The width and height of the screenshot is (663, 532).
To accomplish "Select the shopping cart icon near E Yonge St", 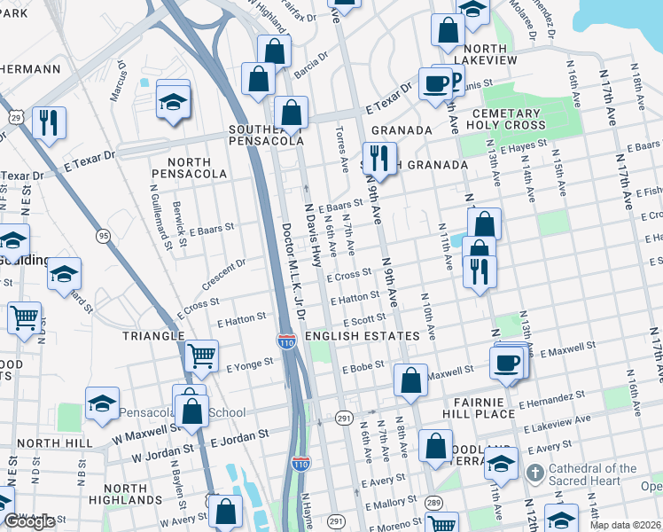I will tap(202, 356).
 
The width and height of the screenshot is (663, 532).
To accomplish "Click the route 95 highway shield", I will tap(104, 235).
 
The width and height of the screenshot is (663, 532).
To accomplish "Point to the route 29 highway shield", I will tap(17, 116).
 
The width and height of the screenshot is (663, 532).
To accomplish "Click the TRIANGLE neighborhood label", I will tap(154, 337).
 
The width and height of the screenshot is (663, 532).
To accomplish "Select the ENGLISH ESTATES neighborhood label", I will tap(362, 337).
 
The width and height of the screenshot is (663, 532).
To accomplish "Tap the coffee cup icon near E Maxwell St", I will tap(507, 362).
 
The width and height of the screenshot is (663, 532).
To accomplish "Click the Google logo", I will tap(29, 521).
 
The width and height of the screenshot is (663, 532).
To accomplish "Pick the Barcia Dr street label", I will tap(311, 67).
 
